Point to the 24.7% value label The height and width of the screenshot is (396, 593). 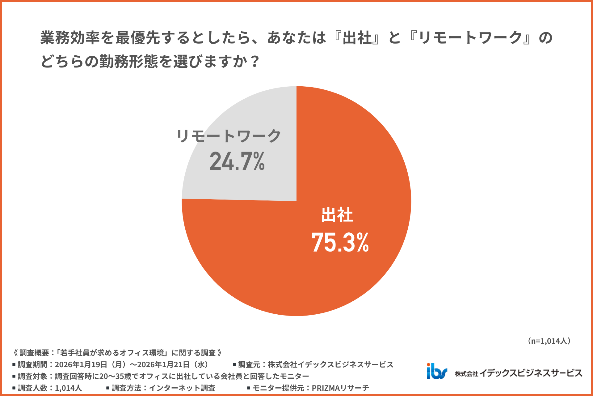[237, 161]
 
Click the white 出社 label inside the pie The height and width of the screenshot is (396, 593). [337, 215]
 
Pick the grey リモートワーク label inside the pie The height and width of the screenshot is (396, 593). [229, 136]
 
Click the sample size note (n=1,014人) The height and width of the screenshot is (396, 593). [549, 341]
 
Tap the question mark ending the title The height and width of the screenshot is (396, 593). [255, 61]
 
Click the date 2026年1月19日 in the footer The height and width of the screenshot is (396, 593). [81, 364]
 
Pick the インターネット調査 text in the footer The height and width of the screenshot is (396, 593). [182, 388]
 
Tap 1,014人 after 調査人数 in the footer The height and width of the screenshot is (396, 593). [68, 388]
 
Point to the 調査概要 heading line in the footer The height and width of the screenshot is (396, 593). [117, 353]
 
